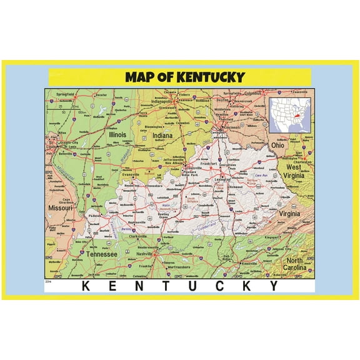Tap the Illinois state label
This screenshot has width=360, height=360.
coord(117,134)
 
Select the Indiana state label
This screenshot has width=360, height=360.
coord(162,136)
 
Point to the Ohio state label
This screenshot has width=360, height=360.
coord(277,145)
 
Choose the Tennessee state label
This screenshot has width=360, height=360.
coord(102,254)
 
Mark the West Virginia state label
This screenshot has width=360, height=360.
coord(296,171)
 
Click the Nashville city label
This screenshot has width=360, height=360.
coord(146,254)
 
